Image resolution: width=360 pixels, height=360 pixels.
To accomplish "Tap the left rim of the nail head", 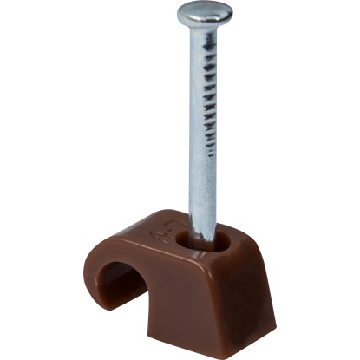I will tap(179, 15).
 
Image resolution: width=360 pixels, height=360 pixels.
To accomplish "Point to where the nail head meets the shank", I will tap(204, 29).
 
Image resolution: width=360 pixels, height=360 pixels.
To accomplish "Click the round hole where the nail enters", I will tap(201, 239).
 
